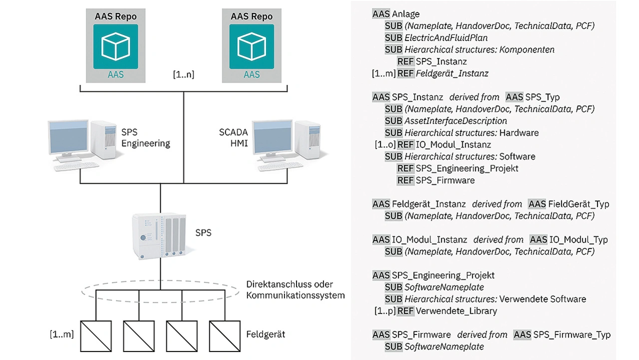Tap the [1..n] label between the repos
pyautogui.click(x=183, y=75)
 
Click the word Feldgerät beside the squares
pyautogui.click(x=266, y=334)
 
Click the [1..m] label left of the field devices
pyautogui.click(x=62, y=334)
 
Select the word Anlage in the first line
pyautogui.click(x=406, y=14)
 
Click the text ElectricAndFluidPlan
pyautogui.click(x=446, y=37)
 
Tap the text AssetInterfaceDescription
pyautogui.click(x=455, y=121)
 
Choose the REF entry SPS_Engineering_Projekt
pyautogui.click(x=467, y=168)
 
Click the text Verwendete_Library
pyautogui.click(x=456, y=311)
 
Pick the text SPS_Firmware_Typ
pyautogui.click(x=572, y=335)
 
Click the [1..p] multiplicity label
pyautogui.click(x=385, y=311)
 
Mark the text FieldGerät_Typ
pyautogui.click(x=578, y=204)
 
